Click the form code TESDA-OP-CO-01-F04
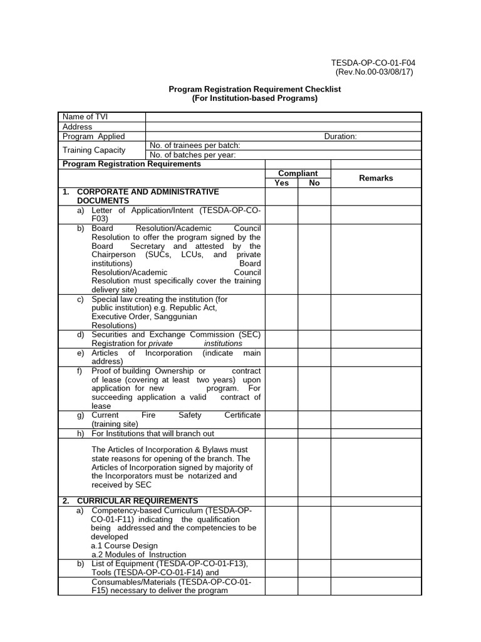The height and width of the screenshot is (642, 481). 373,63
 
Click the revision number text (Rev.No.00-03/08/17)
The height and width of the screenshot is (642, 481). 374,72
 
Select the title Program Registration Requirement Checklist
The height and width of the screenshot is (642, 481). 255,89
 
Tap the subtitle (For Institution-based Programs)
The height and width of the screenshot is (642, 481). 255,98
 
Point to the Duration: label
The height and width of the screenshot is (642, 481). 340,136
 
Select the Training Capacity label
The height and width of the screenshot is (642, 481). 94,150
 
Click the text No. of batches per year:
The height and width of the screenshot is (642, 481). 192,155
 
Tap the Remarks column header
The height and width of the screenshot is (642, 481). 376,178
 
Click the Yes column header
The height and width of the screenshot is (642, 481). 282,183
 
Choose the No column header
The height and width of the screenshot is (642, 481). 314,183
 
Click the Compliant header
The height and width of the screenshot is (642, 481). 298,174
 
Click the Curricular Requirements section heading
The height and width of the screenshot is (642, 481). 137,501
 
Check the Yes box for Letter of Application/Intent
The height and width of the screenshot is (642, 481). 282,214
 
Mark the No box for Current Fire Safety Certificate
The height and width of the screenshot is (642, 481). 314,419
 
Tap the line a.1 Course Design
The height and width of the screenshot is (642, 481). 125,545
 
